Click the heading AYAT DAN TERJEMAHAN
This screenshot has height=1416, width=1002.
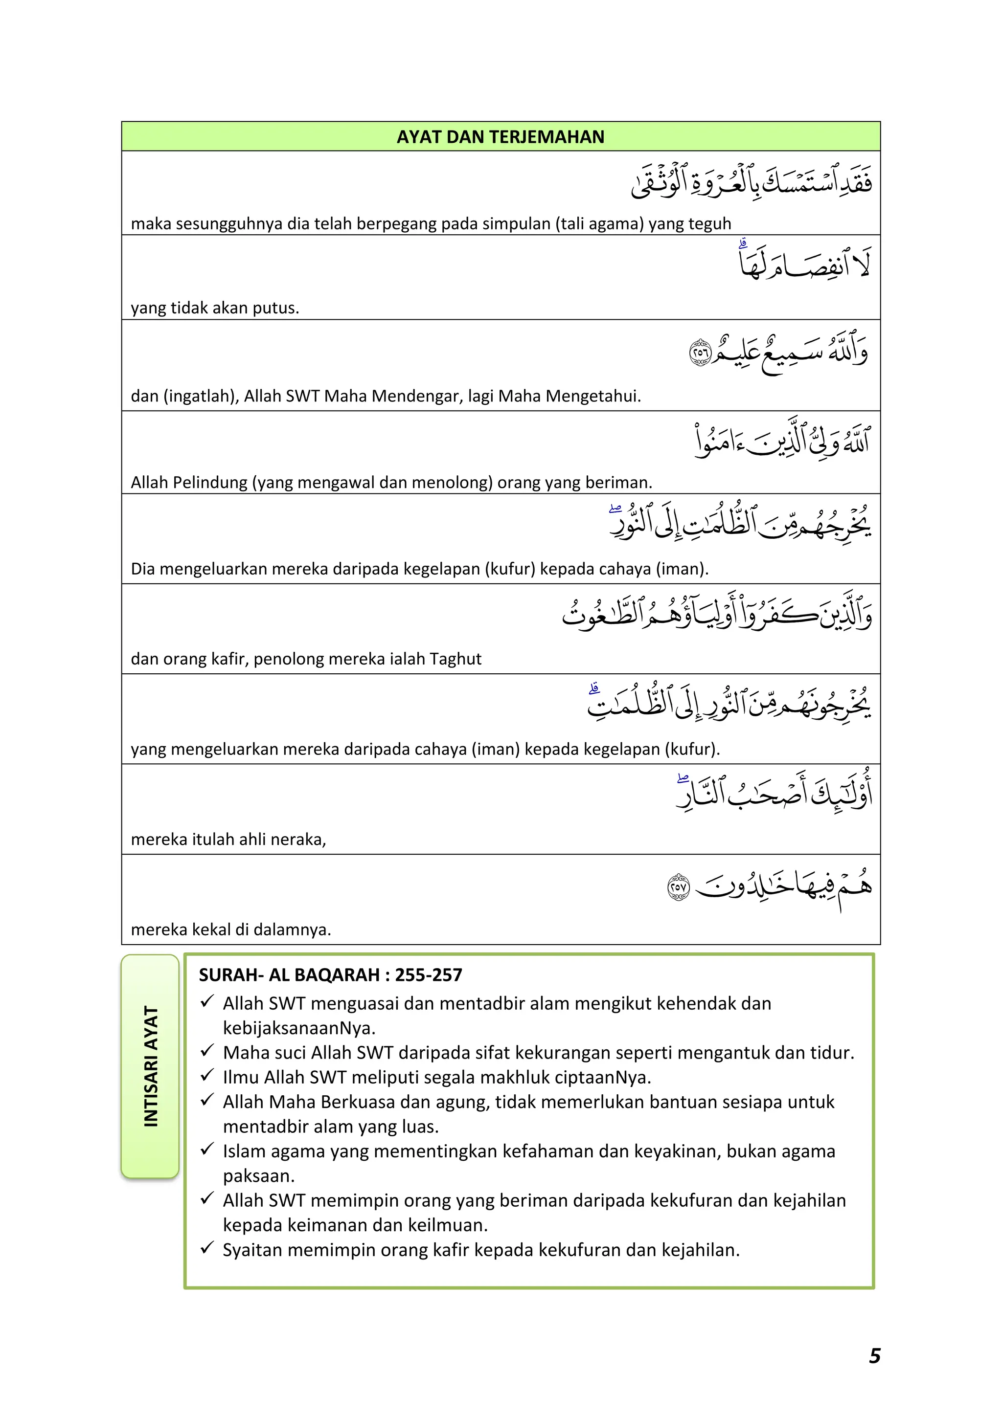click(x=501, y=137)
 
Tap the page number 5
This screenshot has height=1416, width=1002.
click(x=874, y=1355)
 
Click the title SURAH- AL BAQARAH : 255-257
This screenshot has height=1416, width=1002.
click(x=330, y=975)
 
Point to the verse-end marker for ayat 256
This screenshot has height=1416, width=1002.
click(x=700, y=352)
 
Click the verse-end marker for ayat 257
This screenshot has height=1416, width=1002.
click(x=678, y=887)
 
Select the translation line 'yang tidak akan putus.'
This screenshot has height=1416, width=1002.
click(x=215, y=308)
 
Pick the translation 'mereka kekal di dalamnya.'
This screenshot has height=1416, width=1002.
click(x=231, y=929)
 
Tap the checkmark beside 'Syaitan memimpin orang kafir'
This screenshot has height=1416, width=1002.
click(x=207, y=1248)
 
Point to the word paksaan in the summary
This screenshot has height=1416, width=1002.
click(x=258, y=1176)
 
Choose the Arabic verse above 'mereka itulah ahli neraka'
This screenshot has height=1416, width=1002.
click(x=774, y=793)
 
